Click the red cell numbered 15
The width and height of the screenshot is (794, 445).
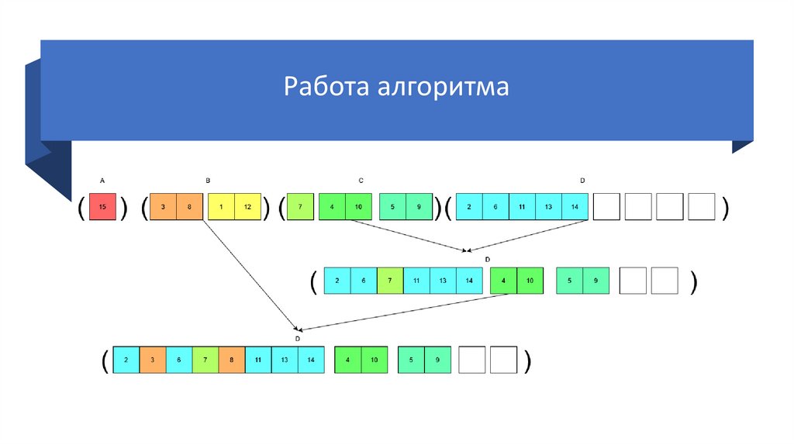102,208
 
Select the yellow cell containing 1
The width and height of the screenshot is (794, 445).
222,208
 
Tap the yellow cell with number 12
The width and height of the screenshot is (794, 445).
247,208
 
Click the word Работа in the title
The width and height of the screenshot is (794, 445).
326,86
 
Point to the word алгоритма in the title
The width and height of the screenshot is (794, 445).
443,86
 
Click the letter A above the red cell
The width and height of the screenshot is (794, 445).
102,181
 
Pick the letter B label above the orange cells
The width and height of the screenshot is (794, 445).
208,181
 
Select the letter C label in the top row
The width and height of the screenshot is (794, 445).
361,181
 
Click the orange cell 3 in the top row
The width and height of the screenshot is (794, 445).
163,208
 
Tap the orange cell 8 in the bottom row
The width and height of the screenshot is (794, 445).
231,360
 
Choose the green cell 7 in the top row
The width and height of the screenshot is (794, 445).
300,208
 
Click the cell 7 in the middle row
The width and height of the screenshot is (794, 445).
390,281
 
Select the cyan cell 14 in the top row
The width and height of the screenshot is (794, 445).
575,208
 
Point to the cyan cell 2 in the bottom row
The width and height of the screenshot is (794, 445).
126,360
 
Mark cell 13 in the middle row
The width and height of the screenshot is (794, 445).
443,281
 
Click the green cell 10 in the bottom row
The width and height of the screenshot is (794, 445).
374,360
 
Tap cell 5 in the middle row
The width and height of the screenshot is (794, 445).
570,281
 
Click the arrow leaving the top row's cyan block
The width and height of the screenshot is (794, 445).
527,236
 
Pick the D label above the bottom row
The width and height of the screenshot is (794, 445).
298,339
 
